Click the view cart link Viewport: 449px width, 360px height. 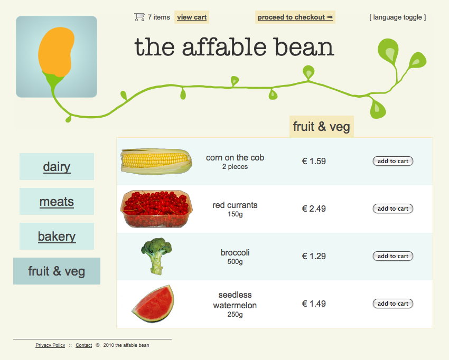click(x=192, y=17)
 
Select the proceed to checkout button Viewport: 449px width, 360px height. click(x=295, y=17)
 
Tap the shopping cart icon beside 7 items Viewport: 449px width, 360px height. click(x=139, y=17)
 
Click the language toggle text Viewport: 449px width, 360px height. click(x=397, y=17)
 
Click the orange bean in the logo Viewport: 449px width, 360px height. click(x=56, y=52)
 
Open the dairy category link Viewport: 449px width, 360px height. click(x=57, y=167)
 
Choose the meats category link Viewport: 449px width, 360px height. click(x=57, y=202)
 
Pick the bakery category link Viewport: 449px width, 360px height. click(x=57, y=236)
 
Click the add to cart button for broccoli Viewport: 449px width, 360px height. click(x=393, y=256)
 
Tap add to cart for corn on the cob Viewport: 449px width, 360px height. click(x=393, y=161)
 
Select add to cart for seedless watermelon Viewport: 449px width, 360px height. click(x=393, y=304)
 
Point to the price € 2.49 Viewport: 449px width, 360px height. click(x=314, y=209)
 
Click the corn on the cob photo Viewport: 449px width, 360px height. click(x=156, y=162)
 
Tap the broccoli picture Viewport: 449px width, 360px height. click(x=156, y=255)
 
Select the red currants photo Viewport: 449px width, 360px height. click(x=156, y=209)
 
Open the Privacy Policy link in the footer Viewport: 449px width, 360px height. click(x=50, y=345)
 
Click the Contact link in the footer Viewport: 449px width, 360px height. click(x=83, y=345)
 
